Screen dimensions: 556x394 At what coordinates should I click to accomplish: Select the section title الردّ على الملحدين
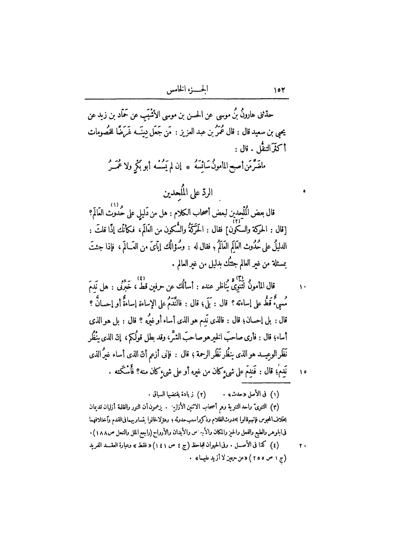coord(187,192)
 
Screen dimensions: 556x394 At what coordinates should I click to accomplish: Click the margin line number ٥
coord(304,192)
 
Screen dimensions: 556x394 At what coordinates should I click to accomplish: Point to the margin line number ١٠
coord(303,287)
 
